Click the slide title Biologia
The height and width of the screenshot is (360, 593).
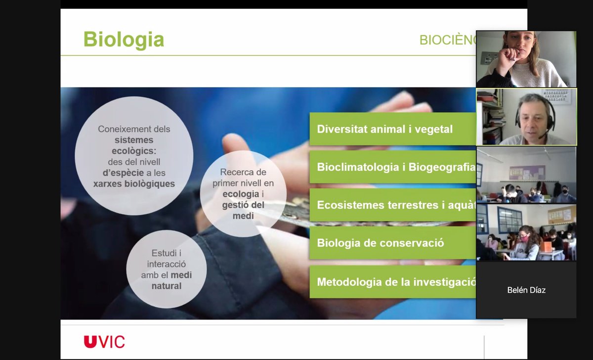point(124,40)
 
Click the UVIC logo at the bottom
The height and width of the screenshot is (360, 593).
point(104,342)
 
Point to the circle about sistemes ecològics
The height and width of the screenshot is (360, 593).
point(134,156)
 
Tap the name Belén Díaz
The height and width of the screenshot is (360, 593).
point(526,290)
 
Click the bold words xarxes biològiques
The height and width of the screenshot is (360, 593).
point(134,183)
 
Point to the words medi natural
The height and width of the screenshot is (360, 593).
point(167,280)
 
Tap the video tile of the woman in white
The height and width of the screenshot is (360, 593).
point(526,59)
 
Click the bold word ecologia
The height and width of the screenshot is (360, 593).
point(241,194)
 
